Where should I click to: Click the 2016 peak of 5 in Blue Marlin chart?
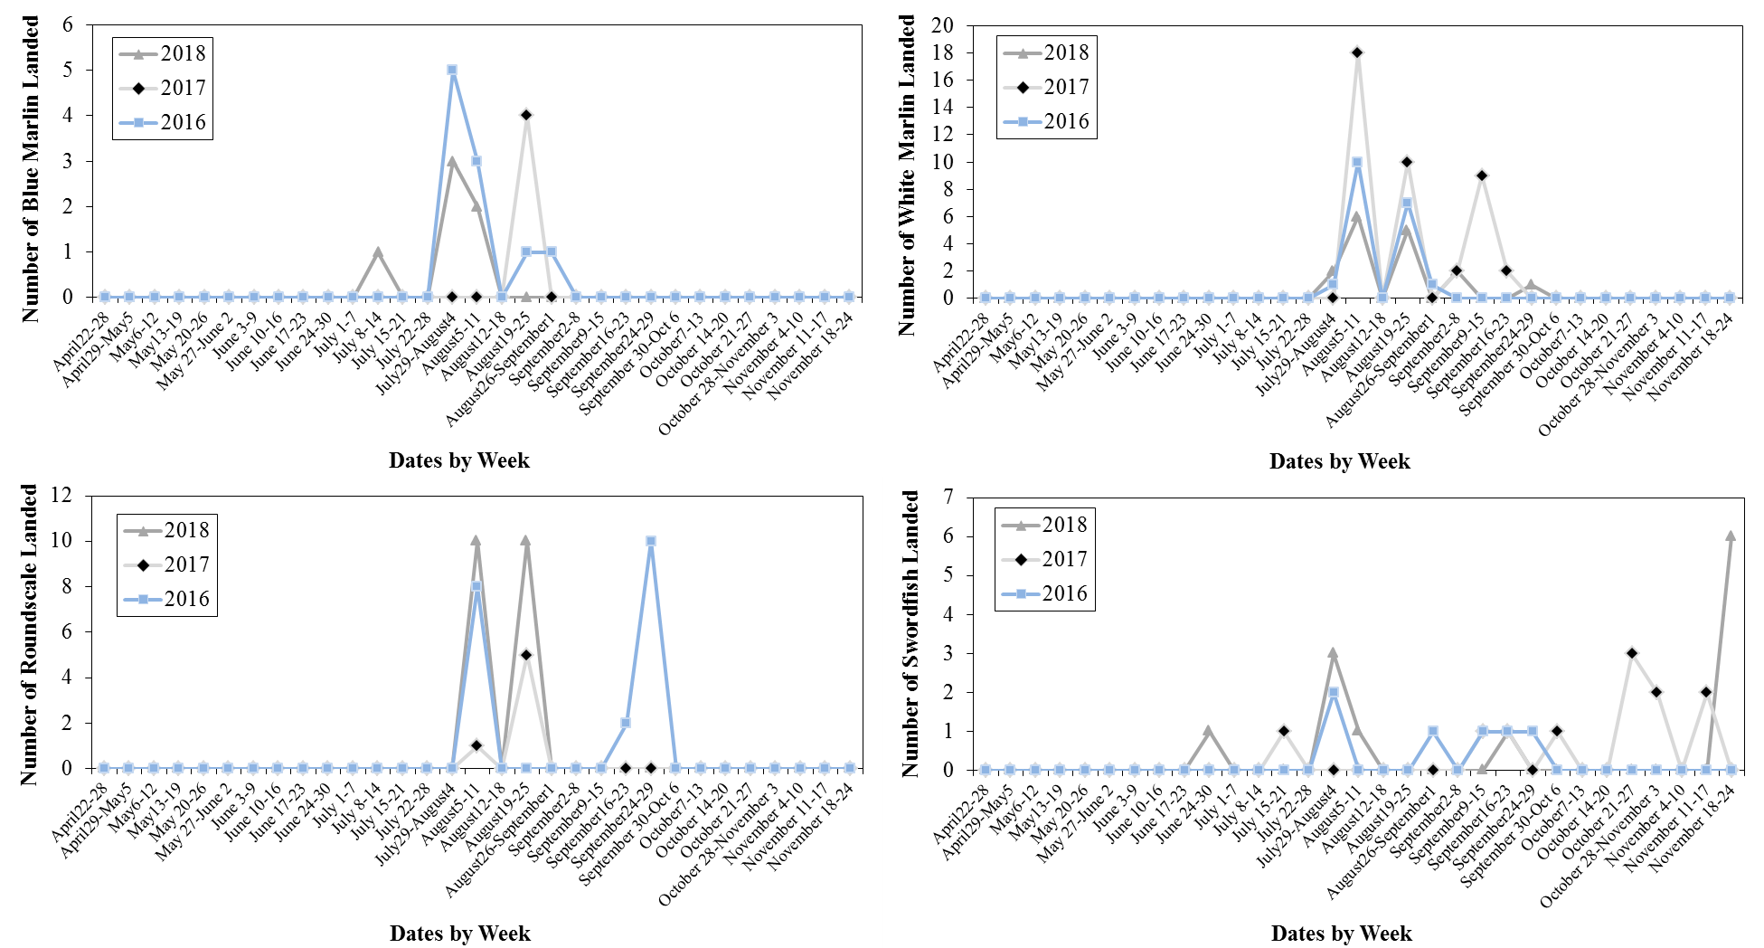click(x=452, y=70)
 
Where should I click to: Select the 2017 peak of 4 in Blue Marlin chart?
click(x=526, y=115)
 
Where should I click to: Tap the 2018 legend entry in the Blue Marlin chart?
click(x=163, y=53)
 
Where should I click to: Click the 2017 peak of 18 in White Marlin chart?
click(x=1357, y=52)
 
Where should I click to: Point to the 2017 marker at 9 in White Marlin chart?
click(x=1481, y=175)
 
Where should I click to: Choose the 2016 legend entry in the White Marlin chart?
click(x=1046, y=121)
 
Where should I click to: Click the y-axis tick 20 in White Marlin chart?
click(x=942, y=25)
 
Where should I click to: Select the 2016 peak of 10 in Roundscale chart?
click(x=650, y=541)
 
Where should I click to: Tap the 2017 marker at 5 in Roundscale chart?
click(x=526, y=654)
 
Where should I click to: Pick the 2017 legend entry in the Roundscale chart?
click(x=166, y=564)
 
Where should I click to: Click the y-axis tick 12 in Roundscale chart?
click(x=61, y=495)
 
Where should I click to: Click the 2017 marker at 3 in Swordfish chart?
click(x=1631, y=653)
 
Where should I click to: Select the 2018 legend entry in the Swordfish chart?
click(x=1044, y=525)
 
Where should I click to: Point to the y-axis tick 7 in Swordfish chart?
click(x=948, y=497)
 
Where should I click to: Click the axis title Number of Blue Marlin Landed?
click(x=31, y=169)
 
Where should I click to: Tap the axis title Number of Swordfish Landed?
click(x=910, y=633)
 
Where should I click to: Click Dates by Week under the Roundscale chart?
click(x=459, y=933)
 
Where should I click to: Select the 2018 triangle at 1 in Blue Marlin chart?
click(x=378, y=252)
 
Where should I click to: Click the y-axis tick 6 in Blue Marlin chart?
click(x=68, y=25)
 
